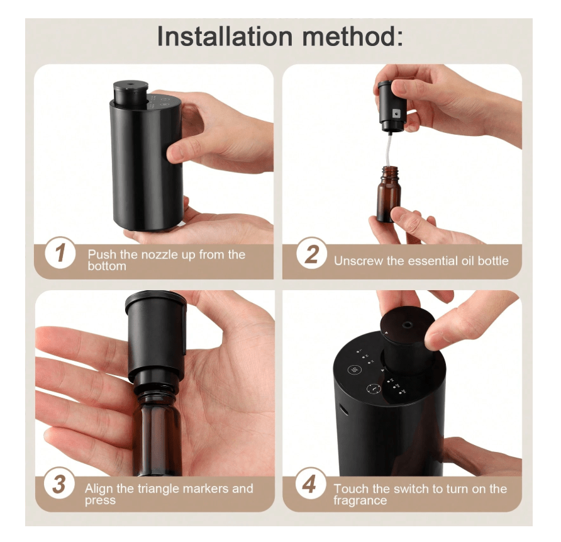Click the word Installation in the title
pyautogui.click(x=225, y=36)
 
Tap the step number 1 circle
pyautogui.click(x=60, y=252)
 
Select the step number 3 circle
pyautogui.click(x=59, y=483)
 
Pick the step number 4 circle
pyautogui.click(x=310, y=483)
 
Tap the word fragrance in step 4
pyautogui.click(x=360, y=500)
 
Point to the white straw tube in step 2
pyautogui.click(x=388, y=150)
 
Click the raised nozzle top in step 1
pyautogui.click(x=131, y=93)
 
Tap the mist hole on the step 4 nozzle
pyautogui.click(x=407, y=325)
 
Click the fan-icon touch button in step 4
pyautogui.click(x=354, y=370)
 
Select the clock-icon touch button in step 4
pyautogui.click(x=373, y=389)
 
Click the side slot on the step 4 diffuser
pyautogui.click(x=344, y=409)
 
